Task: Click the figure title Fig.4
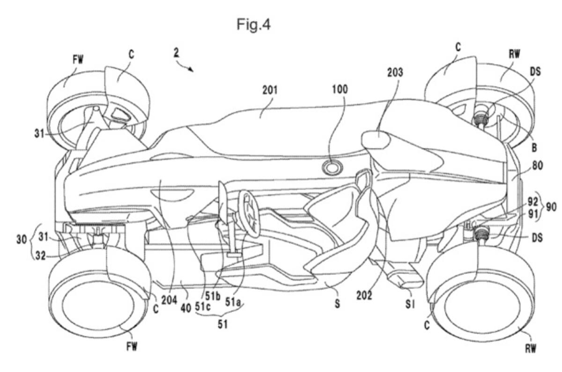point(253,24)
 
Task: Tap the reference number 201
point(270,90)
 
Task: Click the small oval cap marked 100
point(332,168)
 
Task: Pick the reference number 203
point(395,73)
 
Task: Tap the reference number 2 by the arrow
point(176,53)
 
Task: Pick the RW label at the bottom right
point(530,348)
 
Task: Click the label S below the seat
point(337,304)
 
